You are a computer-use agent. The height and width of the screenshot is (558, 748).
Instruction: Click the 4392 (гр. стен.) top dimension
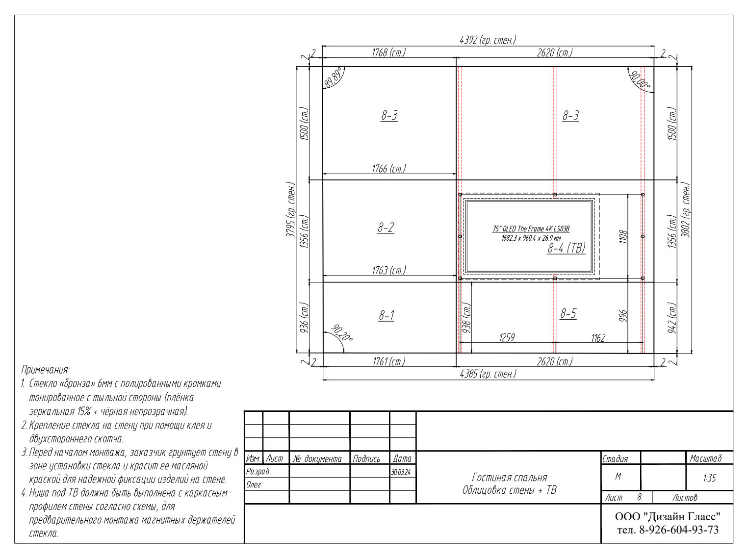click(488, 40)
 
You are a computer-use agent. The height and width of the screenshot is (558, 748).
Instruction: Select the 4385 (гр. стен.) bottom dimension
click(488, 374)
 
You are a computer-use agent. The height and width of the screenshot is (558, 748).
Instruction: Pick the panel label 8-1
click(387, 315)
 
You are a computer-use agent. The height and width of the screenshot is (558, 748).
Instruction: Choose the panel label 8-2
click(386, 227)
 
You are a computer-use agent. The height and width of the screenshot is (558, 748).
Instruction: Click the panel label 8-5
click(568, 313)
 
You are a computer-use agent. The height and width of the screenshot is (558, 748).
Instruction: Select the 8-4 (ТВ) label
click(567, 248)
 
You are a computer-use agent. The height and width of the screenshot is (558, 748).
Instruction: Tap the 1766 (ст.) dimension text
click(389, 169)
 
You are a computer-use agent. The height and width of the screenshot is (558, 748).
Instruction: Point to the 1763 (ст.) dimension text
click(389, 271)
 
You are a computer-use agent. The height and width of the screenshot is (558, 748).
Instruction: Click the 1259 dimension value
click(507, 337)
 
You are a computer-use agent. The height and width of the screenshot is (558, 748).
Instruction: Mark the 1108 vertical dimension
click(623, 237)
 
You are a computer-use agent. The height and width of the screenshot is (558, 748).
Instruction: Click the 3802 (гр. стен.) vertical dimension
click(686, 210)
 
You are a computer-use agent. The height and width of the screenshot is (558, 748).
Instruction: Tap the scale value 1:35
click(709, 478)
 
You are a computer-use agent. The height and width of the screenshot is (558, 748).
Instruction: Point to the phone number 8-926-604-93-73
click(678, 530)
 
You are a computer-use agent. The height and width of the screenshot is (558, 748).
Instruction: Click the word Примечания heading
click(45, 370)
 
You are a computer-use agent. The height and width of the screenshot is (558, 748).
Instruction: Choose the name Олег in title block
click(254, 485)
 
